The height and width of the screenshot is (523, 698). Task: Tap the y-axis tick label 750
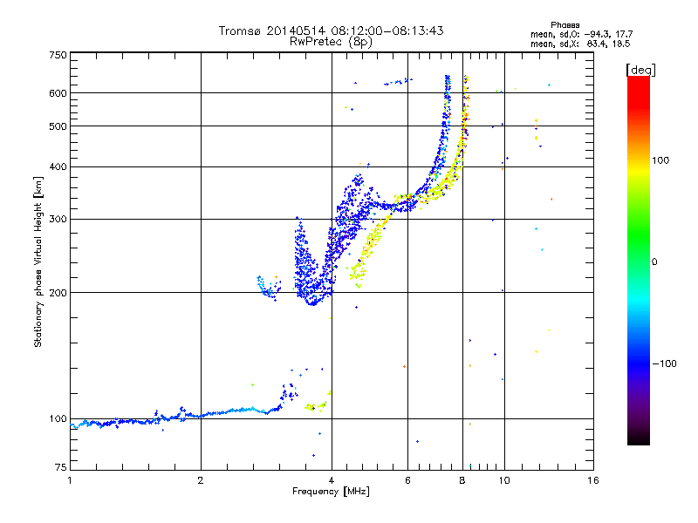pos(58,55)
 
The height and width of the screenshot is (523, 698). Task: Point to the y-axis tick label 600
pos(58,93)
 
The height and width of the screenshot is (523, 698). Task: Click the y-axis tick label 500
pos(58,126)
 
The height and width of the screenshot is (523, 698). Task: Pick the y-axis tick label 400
pos(58,166)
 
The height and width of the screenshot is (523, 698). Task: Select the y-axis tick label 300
pos(58,219)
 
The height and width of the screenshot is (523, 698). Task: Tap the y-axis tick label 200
pos(58,292)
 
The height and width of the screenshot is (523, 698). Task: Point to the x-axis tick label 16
pos(592,480)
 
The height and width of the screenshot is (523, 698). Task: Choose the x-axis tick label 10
pos(503,480)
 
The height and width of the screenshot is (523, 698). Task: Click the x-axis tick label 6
pos(407,480)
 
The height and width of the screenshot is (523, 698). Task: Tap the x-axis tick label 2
pos(201,480)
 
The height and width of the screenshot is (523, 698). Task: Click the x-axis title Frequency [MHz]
pos(331,492)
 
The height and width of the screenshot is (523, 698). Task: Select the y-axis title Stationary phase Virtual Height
pos(38,261)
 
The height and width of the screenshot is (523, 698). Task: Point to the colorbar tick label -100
pos(669,363)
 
